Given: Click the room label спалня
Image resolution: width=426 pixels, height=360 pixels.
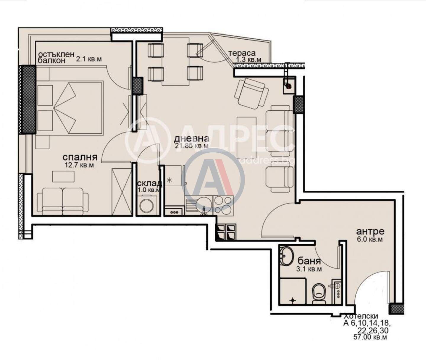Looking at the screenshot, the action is tap(80, 157).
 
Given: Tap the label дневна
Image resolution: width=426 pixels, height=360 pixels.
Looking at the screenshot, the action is tap(192, 138).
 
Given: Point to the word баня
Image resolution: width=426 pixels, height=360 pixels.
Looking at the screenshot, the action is tap(309, 261).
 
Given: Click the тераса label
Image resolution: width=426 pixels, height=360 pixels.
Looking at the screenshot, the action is tap(242, 53).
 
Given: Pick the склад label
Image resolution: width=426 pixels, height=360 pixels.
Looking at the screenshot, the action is tap(150, 183).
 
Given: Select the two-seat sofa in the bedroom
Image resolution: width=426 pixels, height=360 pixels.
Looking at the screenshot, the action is tap(63, 201).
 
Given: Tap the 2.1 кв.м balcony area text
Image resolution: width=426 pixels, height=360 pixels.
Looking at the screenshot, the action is tap(89, 59).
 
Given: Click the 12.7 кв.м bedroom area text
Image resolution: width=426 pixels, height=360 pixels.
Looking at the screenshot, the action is tap(79, 165).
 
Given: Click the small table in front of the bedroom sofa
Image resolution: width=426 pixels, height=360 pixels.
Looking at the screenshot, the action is tap(63, 177).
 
